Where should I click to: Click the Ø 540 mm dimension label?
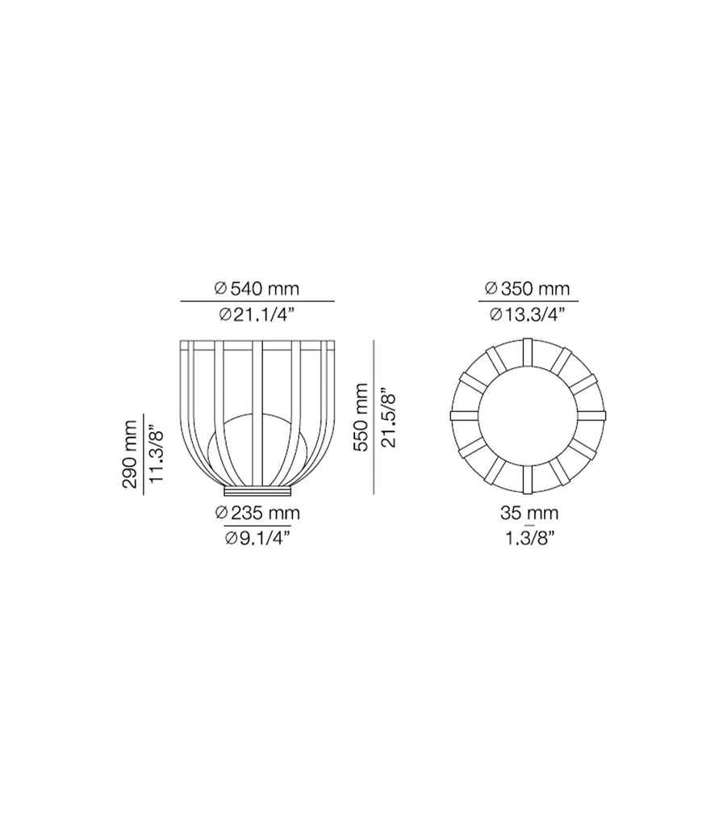coord(257,288)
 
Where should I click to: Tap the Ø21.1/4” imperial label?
coord(257,315)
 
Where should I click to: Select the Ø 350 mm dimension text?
coord(528,288)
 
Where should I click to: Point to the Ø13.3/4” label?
coord(528,315)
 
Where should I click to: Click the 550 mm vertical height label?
coord(361,418)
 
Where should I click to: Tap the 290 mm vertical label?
coord(130,454)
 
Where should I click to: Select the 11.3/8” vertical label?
coord(157,455)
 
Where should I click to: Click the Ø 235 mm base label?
coord(257,513)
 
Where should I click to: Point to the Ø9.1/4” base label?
coord(257,539)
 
